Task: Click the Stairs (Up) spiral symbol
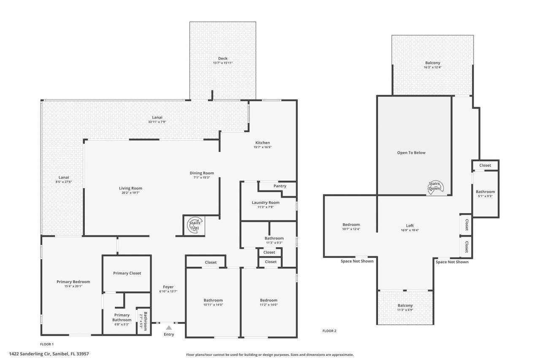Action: tap(194, 225)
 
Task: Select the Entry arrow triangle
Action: tap(169, 327)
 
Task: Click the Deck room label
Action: tap(223, 58)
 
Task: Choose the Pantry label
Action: tap(280, 186)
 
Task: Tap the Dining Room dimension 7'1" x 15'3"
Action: tap(202, 178)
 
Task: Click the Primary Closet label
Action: tap(127, 273)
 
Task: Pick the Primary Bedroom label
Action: tap(73, 282)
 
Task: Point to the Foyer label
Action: tap(168, 287)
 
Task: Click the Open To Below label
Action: tap(411, 152)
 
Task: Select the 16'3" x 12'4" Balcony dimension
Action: tap(432, 68)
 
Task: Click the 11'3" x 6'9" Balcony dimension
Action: tap(405, 310)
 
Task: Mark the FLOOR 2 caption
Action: tap(329, 331)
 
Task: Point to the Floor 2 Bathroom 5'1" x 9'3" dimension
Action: tap(485, 196)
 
